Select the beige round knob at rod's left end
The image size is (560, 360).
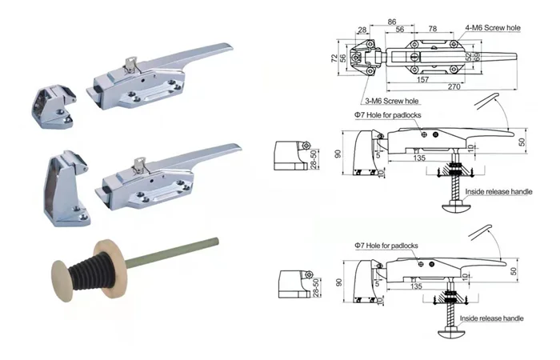pyautogui.click(x=62, y=277)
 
